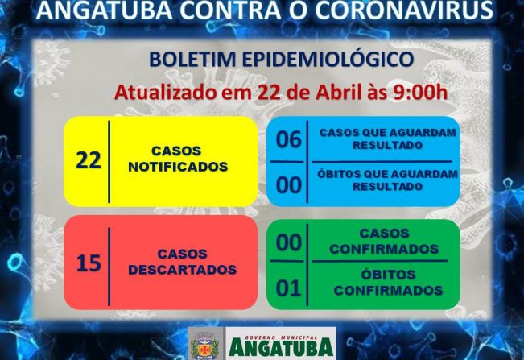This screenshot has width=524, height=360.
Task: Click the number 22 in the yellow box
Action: point(89,159)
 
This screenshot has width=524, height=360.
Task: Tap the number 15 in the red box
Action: point(89,263)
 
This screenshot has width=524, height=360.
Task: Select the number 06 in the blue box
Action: point(288,139)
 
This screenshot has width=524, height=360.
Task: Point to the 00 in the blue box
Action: point(288,185)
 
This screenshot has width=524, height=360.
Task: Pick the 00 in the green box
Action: point(288,242)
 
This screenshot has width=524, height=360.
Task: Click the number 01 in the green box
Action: point(288,288)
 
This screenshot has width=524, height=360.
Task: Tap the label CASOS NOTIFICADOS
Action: point(176,159)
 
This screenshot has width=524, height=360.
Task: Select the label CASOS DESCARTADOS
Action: point(182,263)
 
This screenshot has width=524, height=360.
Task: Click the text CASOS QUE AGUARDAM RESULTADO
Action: point(387,139)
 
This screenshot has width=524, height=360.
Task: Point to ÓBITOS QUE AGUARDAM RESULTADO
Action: point(387,180)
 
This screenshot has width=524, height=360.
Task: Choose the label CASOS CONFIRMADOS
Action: point(384,242)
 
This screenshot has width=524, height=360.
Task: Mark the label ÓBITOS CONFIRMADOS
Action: point(387,283)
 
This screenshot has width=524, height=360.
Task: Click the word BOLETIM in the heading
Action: point(190,60)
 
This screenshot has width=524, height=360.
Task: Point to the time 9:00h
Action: point(419,91)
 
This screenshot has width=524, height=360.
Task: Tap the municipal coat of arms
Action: point(204,344)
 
